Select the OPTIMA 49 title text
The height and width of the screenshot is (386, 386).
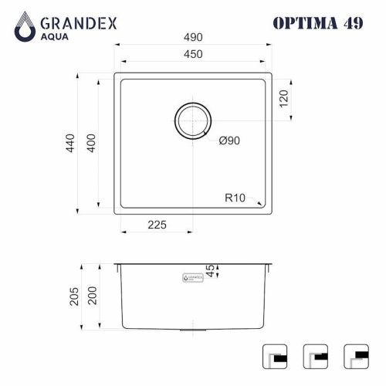317,22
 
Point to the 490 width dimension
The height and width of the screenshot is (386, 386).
193,37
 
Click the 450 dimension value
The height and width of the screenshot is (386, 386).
193,55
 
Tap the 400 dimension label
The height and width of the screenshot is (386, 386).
90,144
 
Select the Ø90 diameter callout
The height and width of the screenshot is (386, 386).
231,141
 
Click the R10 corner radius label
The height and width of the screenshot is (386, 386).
235,198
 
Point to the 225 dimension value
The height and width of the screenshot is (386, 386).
157,226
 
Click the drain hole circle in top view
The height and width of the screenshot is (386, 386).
192,120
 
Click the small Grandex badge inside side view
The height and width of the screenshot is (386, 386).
191,276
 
